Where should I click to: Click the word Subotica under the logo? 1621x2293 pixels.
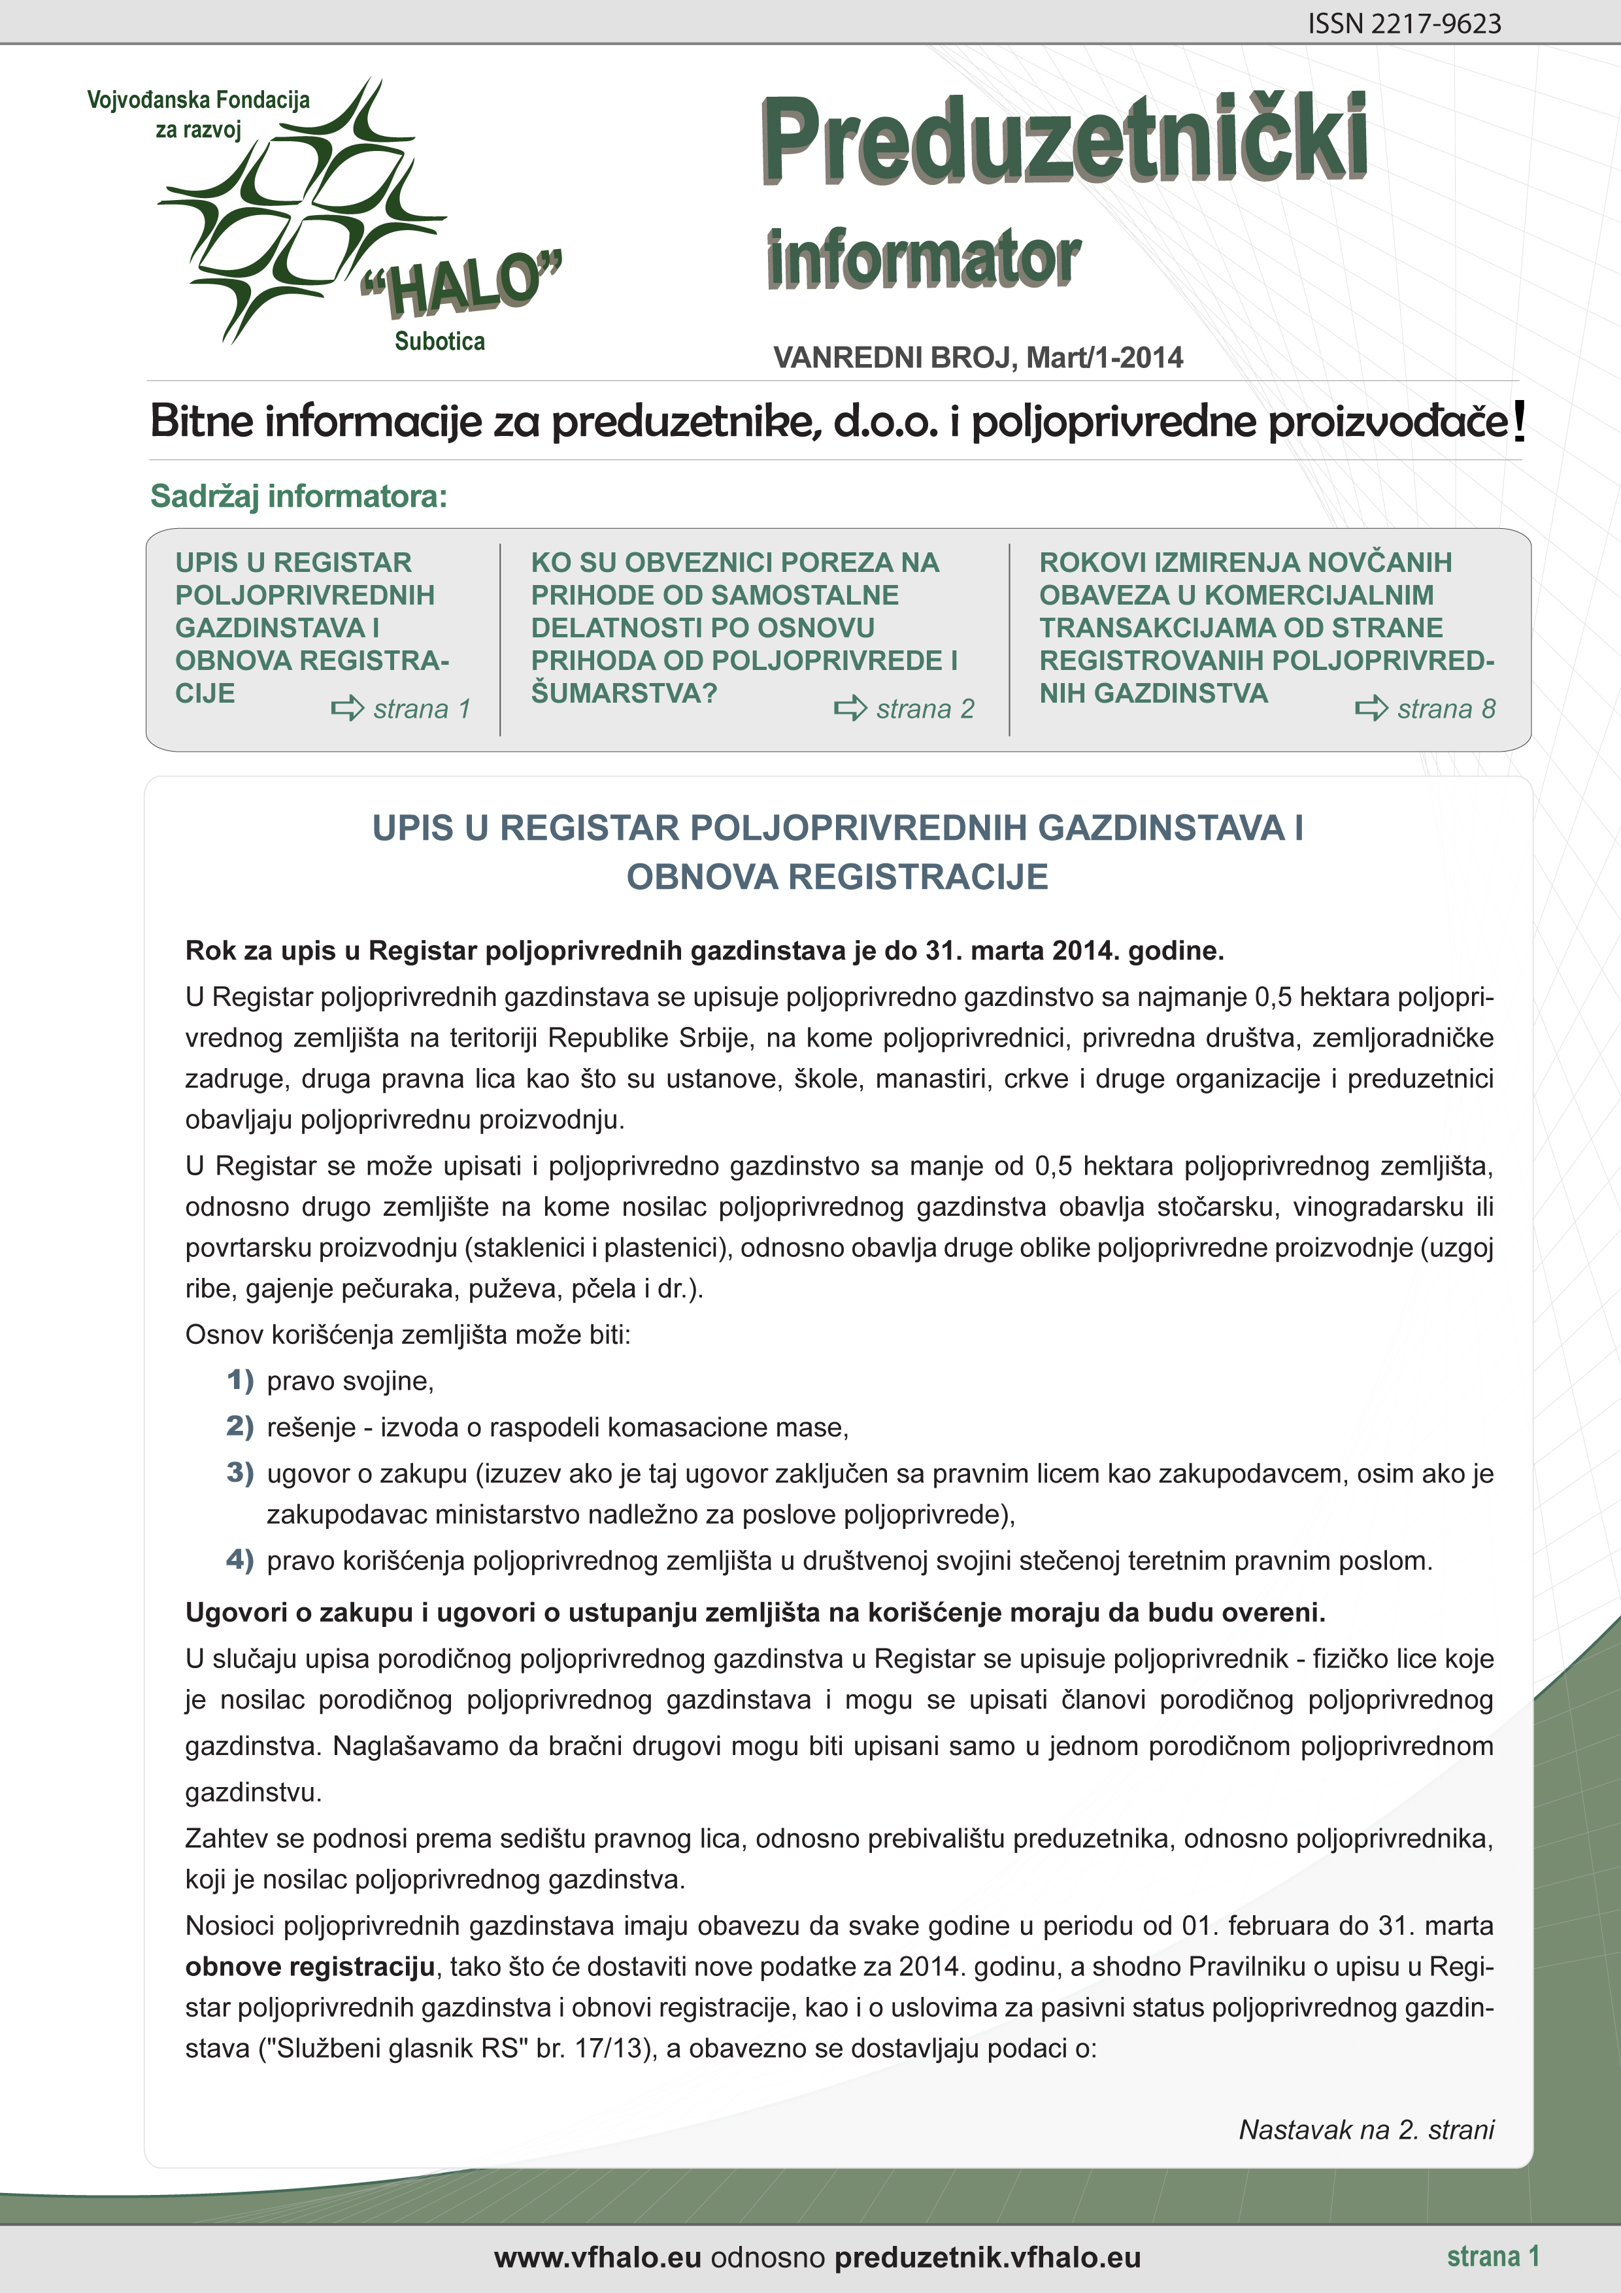439,342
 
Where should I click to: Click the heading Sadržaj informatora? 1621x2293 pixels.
299,496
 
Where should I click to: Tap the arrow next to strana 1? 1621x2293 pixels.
348,709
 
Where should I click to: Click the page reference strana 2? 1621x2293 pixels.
925,709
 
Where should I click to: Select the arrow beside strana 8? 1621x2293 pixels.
1371,709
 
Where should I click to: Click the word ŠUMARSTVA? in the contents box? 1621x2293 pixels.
623,693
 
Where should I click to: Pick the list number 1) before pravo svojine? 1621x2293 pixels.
240,1381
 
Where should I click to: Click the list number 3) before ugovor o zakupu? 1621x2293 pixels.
240,1473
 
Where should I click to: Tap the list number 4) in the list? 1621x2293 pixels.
240,1560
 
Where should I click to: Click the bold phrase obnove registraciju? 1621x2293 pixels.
310,1966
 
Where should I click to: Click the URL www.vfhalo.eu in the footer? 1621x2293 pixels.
597,2258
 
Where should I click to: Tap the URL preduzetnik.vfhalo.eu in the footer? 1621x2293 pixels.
987,2258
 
